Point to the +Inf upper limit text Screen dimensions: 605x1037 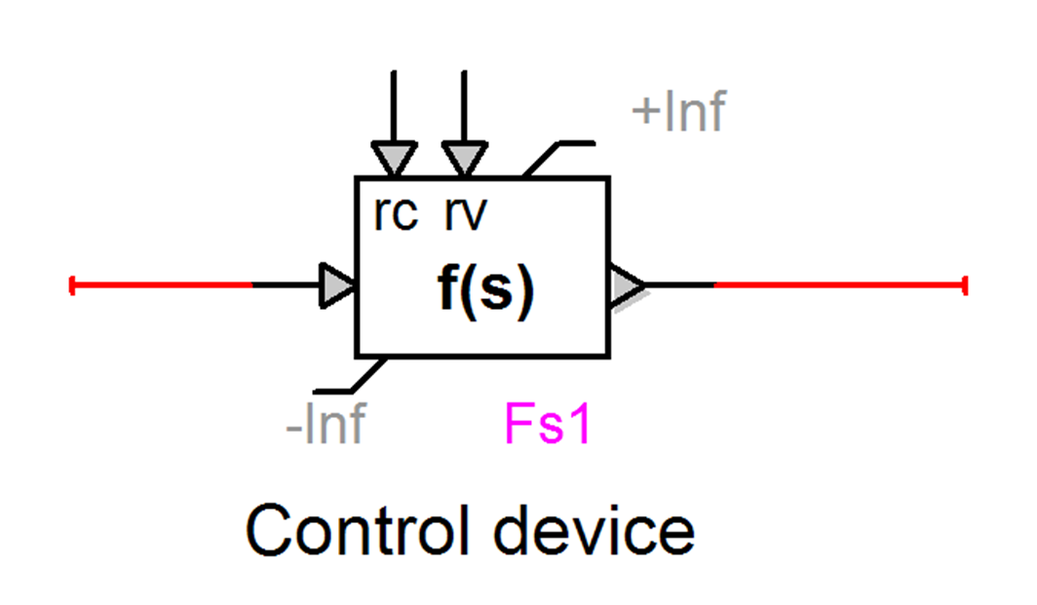(x=678, y=113)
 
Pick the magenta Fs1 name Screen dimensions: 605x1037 (x=548, y=426)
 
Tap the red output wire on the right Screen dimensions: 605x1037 (x=838, y=285)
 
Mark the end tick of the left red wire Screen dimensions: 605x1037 (x=72, y=285)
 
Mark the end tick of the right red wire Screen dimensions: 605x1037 (x=964, y=285)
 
